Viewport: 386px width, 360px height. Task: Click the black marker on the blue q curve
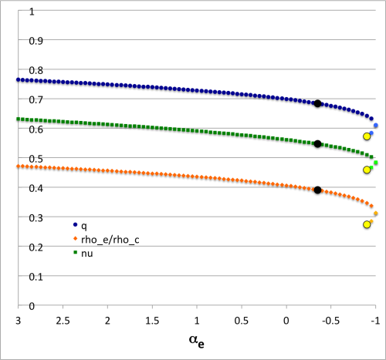pyautogui.click(x=317, y=103)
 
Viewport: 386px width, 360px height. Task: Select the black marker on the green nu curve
pyautogui.click(x=317, y=143)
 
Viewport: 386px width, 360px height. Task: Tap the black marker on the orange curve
pyautogui.click(x=317, y=190)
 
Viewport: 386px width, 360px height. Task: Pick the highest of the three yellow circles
pyautogui.click(x=367, y=136)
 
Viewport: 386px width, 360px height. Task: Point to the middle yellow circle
pyautogui.click(x=367, y=170)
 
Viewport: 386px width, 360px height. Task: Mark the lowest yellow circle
pyautogui.click(x=367, y=225)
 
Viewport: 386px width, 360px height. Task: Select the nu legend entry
pyautogui.click(x=85, y=253)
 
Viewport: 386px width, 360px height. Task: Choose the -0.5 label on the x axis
pyautogui.click(x=330, y=318)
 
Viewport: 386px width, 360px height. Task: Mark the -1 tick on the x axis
pyautogui.click(x=375, y=318)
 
